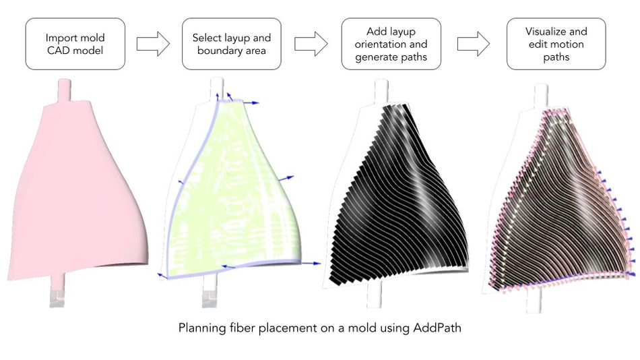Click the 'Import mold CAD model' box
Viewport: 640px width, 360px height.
pyautogui.click(x=75, y=44)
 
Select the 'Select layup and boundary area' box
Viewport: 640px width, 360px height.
pyautogui.click(x=232, y=44)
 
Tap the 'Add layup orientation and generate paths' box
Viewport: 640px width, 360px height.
pyautogui.click(x=391, y=44)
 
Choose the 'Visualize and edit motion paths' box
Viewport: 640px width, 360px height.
pyautogui.click(x=556, y=44)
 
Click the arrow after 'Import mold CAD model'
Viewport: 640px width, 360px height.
pyautogui.click(x=153, y=43)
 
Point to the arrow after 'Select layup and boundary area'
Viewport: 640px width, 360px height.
pyautogui.click(x=311, y=43)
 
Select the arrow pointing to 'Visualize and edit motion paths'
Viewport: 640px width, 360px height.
pyautogui.click(x=474, y=43)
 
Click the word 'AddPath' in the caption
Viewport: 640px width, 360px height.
pyautogui.click(x=437, y=328)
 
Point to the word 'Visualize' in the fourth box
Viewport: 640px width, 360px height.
pyautogui.click(x=545, y=32)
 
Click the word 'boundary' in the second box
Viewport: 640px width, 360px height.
pyautogui.click(x=218, y=51)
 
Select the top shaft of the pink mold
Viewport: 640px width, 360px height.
pyautogui.click(x=64, y=90)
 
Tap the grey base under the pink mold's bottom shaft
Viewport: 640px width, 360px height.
pyautogui.click(x=57, y=298)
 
